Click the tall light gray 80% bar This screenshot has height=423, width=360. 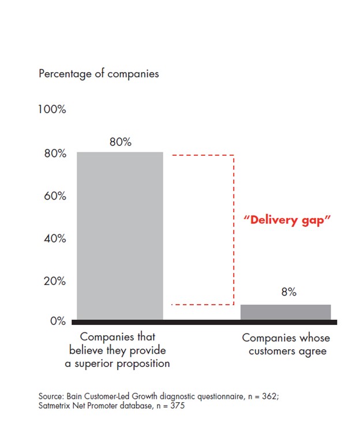(x=120, y=235)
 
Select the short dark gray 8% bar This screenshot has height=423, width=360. (x=286, y=312)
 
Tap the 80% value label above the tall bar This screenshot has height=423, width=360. (x=120, y=143)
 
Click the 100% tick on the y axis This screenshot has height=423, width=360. (x=52, y=110)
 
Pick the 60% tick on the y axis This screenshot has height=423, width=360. (x=53, y=196)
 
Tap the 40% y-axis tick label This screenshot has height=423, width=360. (x=53, y=239)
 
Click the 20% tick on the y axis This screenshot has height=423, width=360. (x=53, y=281)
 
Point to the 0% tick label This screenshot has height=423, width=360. (x=56, y=321)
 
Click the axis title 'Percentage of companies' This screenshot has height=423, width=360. (x=99, y=74)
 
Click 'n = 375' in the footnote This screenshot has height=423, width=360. (x=167, y=406)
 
